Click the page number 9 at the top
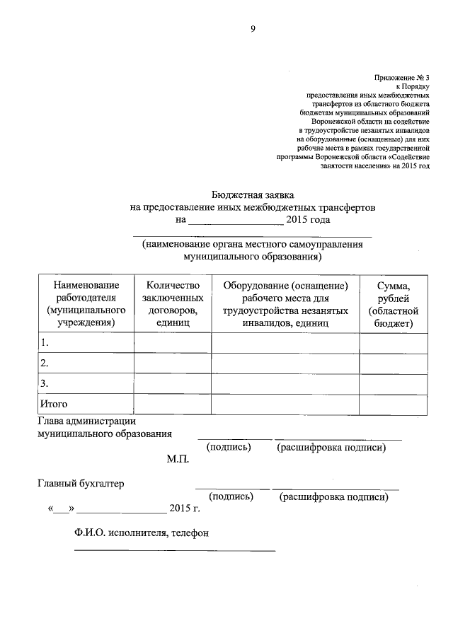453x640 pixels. point(252,28)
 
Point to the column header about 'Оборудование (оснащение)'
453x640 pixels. point(285,303)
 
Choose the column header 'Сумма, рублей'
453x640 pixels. point(394,303)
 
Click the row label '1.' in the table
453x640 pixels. point(45,343)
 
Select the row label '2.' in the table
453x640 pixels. point(45,363)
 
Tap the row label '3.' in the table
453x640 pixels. point(45,384)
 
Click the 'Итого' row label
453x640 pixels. point(53,405)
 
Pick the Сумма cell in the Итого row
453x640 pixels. point(394,405)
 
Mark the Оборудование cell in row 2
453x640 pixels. point(285,363)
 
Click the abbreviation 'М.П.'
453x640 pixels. point(178,459)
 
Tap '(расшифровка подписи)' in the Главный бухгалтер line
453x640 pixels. point(334,497)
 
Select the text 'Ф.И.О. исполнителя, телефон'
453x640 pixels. point(141,533)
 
